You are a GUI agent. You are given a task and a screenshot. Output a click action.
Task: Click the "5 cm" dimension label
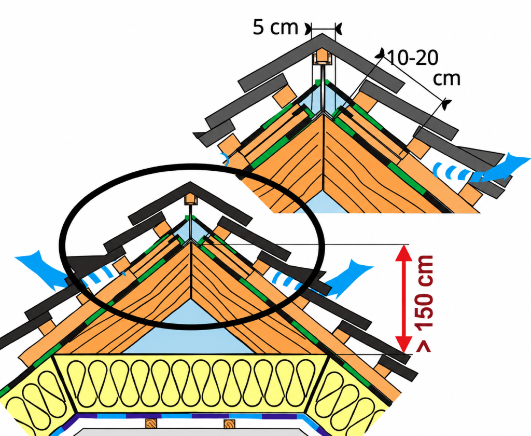coord(275,27)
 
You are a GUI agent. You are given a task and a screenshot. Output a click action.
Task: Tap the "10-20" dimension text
coord(412,58)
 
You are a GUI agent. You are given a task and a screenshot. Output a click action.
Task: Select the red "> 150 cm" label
coord(424,303)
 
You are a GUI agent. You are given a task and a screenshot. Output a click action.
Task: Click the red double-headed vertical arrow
coord(403,298)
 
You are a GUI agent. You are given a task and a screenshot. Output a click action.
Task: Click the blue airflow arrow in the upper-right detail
coord(501,170)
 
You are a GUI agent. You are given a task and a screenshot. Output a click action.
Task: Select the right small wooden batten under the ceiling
coord(230,424)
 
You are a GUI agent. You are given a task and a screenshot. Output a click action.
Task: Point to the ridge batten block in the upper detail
coord(320,58)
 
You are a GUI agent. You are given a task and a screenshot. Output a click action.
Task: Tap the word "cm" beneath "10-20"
coord(446,79)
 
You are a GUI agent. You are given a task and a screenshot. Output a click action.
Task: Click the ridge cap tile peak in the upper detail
coord(322,35)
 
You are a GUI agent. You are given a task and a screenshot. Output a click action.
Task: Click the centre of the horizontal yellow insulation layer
coord(191,384)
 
